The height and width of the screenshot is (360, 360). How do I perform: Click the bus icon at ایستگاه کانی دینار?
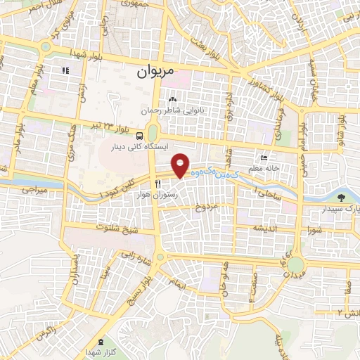[141, 134]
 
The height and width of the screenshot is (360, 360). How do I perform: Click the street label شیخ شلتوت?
[118, 228]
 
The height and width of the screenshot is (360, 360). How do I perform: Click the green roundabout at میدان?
[295, 265]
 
